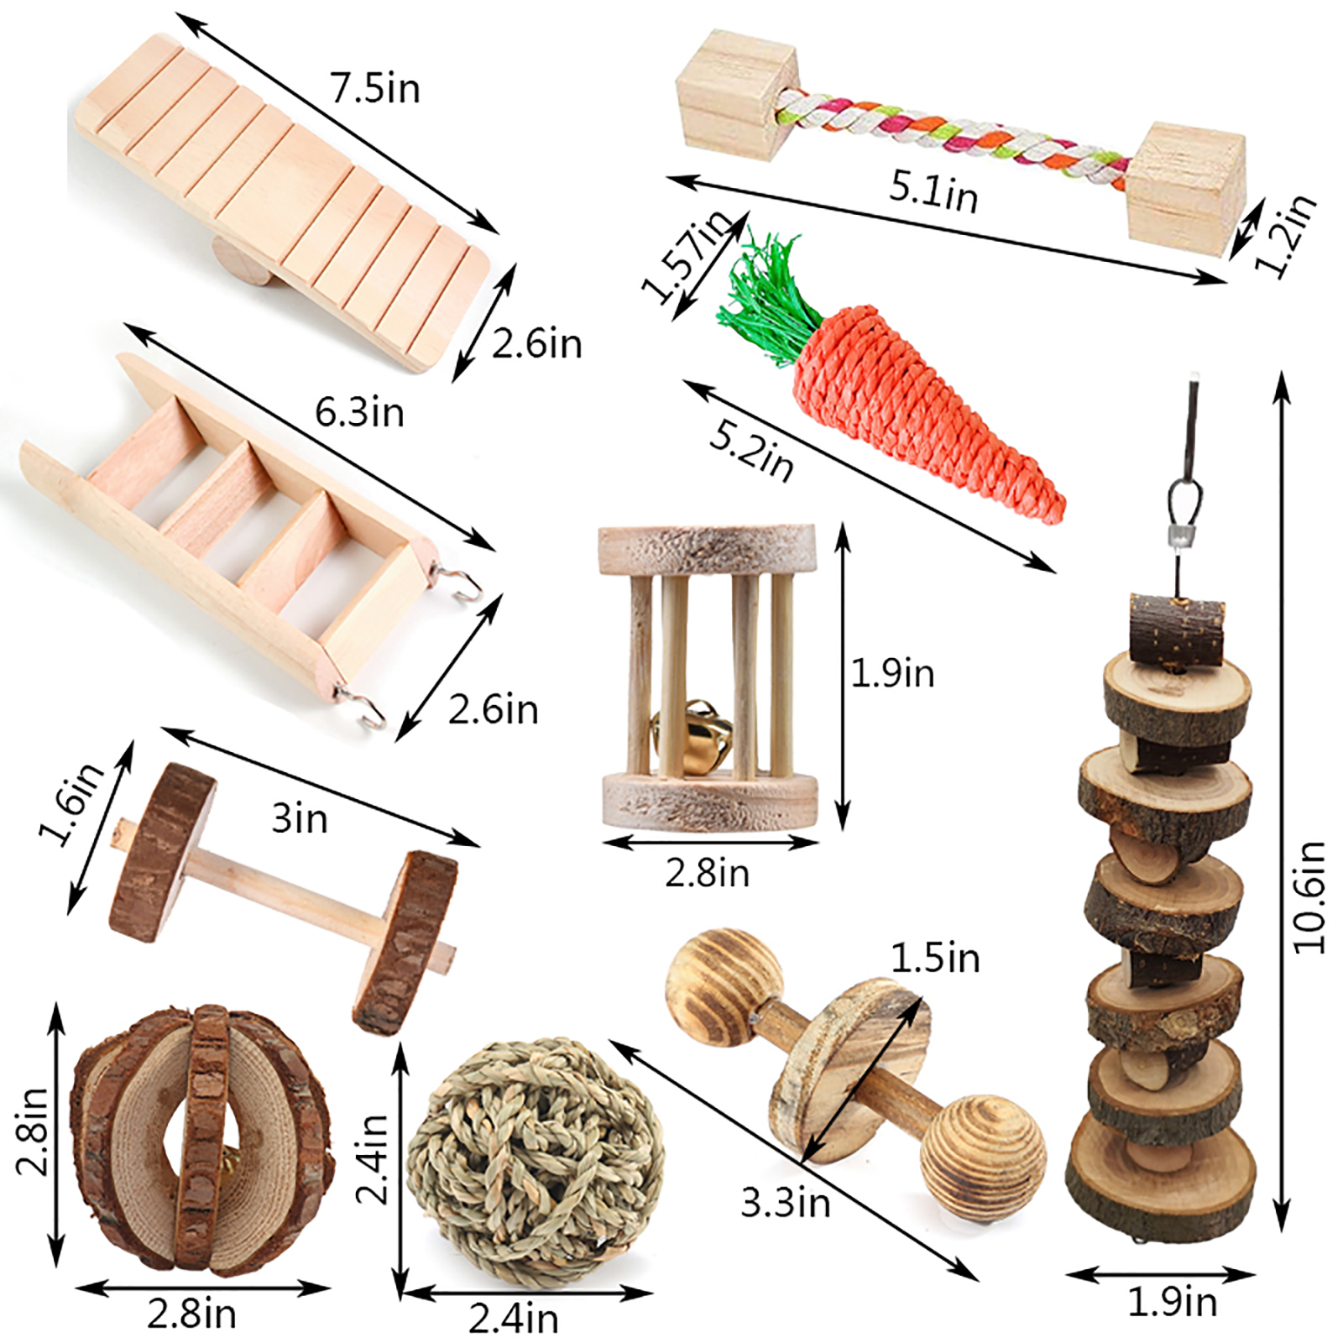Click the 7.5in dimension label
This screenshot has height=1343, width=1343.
pyautogui.click(x=374, y=88)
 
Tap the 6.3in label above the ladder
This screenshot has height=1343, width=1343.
pyautogui.click(x=359, y=411)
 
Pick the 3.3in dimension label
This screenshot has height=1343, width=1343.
pyautogui.click(x=786, y=1203)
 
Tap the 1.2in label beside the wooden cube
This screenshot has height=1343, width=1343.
pyautogui.click(x=1285, y=236)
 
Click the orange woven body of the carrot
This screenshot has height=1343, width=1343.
pyautogui.click(x=915, y=403)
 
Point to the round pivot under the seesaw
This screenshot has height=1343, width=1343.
pyautogui.click(x=241, y=259)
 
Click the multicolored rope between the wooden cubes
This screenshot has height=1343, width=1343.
pyautogui.click(x=953, y=133)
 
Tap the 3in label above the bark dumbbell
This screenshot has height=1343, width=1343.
pyautogui.click(x=300, y=818)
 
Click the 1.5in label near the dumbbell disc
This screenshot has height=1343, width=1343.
pyautogui.click(x=935, y=958)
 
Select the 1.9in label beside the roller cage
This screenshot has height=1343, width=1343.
pyautogui.click(x=892, y=672)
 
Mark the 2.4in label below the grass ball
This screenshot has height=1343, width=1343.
pyautogui.click(x=514, y=1318)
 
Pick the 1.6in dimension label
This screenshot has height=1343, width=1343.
pyautogui.click(x=72, y=802)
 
